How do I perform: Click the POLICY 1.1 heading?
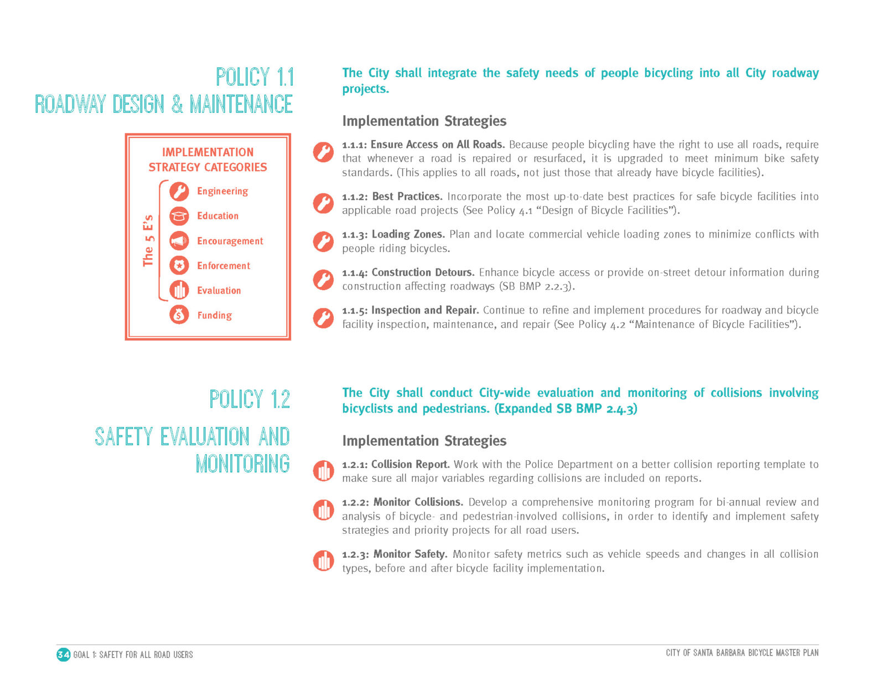(255, 77)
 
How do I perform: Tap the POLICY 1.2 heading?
(250, 399)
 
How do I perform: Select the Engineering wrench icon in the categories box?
(179, 191)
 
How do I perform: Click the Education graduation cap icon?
(179, 216)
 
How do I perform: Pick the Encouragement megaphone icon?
(179, 241)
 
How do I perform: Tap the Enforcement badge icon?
(179, 266)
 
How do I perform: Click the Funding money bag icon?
(179, 315)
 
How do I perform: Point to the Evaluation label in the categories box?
(219, 291)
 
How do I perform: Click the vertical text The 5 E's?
(148, 241)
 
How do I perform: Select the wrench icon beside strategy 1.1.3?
(323, 241)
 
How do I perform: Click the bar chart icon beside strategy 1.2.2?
(323, 509)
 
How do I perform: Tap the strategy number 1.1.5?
(355, 311)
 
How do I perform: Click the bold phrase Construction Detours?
(423, 272)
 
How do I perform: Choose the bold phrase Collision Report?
(410, 465)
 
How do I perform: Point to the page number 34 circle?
(64, 655)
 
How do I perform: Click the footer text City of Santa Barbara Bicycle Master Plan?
(742, 653)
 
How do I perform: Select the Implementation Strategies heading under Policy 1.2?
(424, 441)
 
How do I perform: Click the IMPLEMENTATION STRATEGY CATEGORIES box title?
(208, 159)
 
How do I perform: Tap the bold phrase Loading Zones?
(408, 234)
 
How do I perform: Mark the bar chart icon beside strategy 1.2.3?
(323, 561)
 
